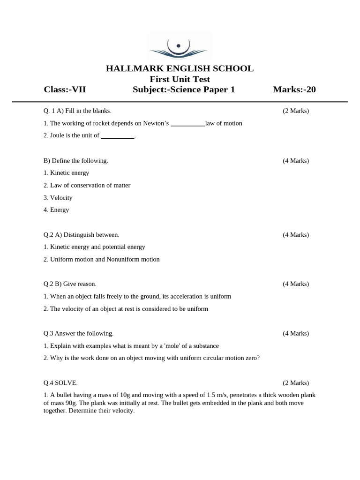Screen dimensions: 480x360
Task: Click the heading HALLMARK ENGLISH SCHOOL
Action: [180, 68]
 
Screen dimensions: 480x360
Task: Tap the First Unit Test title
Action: [180, 79]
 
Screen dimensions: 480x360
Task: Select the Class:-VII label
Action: [65, 90]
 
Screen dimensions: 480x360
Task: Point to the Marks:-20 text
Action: [294, 90]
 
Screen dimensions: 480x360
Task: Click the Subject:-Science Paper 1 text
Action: [184, 90]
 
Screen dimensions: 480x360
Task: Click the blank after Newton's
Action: [187, 124]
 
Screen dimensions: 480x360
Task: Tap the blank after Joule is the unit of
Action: [118, 136]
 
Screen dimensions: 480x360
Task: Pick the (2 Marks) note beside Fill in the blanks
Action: [295, 111]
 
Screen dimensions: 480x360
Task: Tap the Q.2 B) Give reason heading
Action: [70, 284]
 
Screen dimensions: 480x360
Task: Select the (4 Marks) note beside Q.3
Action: [295, 333]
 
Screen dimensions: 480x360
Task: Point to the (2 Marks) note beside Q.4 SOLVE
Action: [295, 383]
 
